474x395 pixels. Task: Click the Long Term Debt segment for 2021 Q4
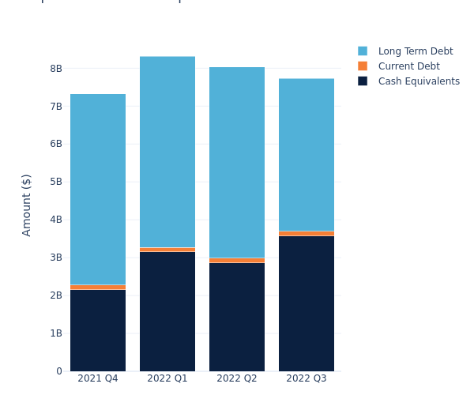[x=98, y=190]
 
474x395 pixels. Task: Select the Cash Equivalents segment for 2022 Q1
[x=167, y=311]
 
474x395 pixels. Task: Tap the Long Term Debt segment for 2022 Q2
[x=237, y=162]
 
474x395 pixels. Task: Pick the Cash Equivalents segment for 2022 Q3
[x=307, y=303]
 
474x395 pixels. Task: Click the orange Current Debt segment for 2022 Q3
[x=307, y=233]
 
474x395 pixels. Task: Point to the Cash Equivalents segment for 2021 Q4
[x=98, y=330]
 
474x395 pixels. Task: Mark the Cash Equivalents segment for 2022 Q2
[x=237, y=317]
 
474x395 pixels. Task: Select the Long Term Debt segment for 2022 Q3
[x=307, y=155]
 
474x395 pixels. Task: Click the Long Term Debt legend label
[x=416, y=51]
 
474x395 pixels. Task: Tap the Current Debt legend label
[x=408, y=66]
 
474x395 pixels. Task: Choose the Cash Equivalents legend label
[x=419, y=81]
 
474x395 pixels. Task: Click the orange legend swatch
[x=363, y=66]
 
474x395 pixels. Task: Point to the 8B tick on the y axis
[x=56, y=69]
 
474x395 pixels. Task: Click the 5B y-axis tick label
[x=56, y=182]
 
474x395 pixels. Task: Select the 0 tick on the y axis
[x=59, y=371]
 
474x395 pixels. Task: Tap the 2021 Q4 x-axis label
[x=98, y=378]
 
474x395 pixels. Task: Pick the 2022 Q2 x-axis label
[x=237, y=378]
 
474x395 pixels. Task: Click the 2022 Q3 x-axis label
[x=307, y=378]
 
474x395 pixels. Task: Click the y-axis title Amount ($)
[x=27, y=205]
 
